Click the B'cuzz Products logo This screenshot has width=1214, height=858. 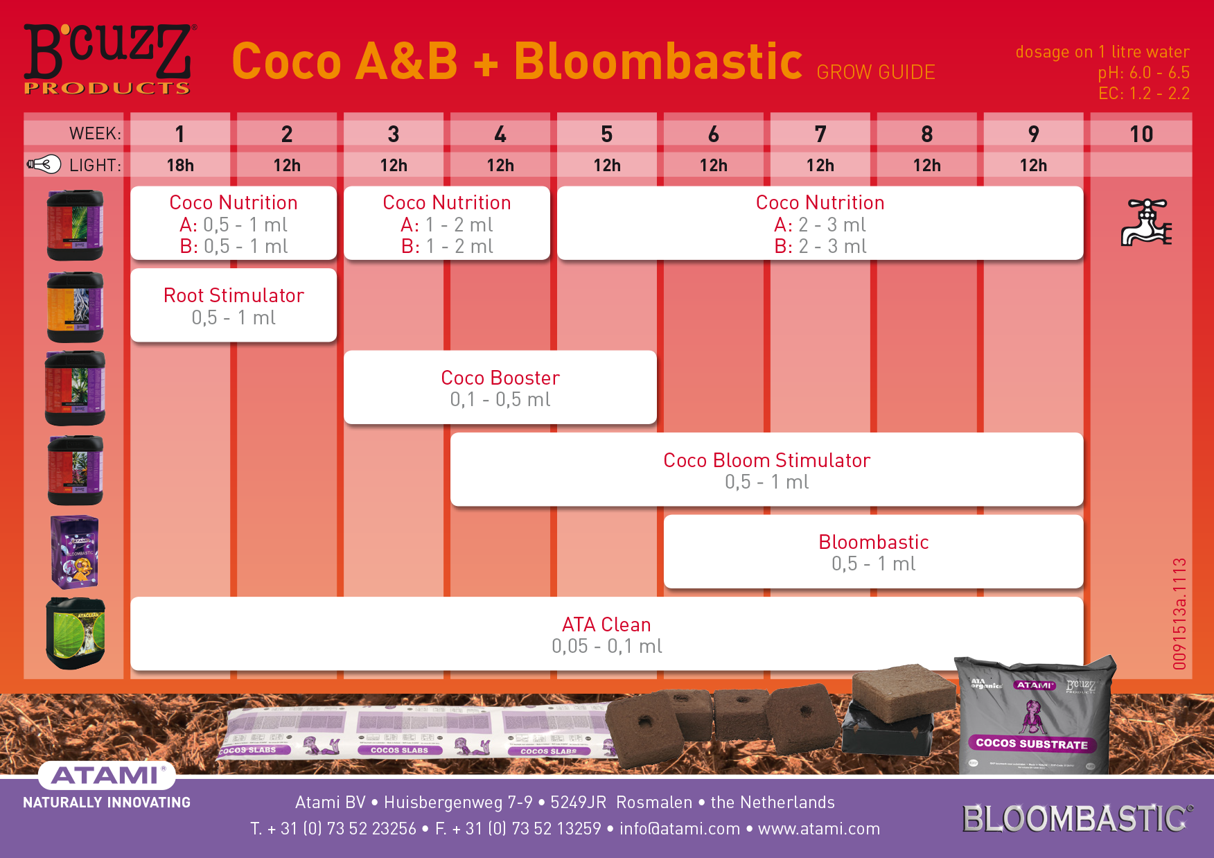tap(108, 60)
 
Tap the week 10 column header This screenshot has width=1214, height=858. tap(1141, 134)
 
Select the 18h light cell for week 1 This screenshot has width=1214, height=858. tap(180, 166)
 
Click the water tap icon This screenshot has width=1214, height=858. tap(1146, 222)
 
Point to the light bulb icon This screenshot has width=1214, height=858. tap(44, 165)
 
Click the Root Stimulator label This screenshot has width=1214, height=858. tap(234, 295)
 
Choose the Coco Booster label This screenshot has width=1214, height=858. tap(500, 378)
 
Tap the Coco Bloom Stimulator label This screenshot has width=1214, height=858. tap(766, 460)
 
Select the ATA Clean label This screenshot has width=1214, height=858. tap(606, 624)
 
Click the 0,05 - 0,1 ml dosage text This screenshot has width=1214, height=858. tap(606, 647)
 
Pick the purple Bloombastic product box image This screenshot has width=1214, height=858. tap(75, 552)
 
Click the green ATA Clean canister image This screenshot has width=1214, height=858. tap(75, 633)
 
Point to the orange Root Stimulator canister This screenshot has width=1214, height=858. tap(75, 307)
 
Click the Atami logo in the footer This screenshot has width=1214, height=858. tap(106, 776)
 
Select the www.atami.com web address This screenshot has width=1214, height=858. tap(819, 829)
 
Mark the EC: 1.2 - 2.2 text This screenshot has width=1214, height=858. tap(1143, 94)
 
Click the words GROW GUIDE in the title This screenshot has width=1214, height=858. tap(876, 72)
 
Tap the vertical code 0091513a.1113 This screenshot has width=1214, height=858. tap(1179, 613)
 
